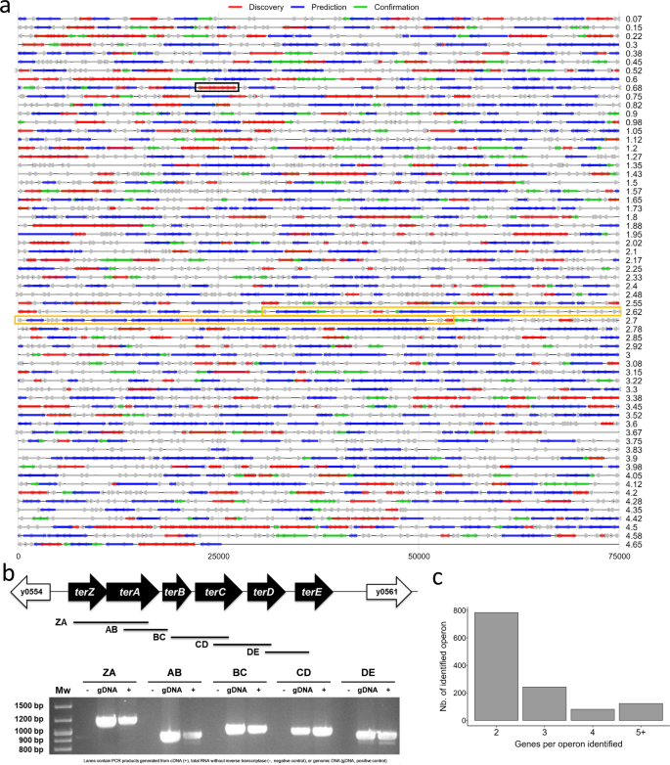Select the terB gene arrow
coord(176,592)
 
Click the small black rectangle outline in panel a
coord(217,88)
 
